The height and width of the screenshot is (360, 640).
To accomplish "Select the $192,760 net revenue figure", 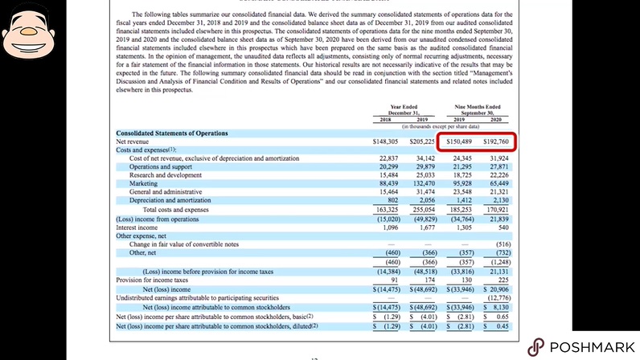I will tap(494, 141).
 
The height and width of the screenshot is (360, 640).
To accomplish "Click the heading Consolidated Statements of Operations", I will tap(171, 133).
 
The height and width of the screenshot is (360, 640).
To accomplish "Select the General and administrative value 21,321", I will tap(498, 192).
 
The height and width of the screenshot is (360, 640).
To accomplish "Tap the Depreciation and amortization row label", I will tap(170, 201).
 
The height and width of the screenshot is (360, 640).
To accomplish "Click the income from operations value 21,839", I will tap(498, 218).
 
